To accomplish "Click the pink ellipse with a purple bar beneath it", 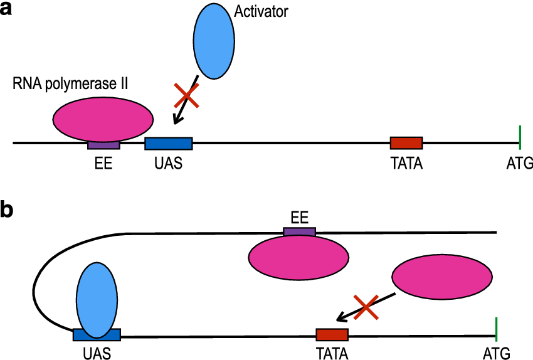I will pos(103,119).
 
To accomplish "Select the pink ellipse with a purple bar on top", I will pos(298,257).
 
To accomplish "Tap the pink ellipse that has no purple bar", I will pos(442,277).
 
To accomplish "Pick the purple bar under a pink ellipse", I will pos(103,145).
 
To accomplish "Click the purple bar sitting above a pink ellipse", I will pos(299,231).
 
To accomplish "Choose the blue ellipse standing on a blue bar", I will pos(97,300).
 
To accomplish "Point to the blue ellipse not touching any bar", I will pos(214,41).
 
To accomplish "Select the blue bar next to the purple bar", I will pos(168,144).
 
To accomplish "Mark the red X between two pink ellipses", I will pos(366,307).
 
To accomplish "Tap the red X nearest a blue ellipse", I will pos(186,95).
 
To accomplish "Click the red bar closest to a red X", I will pos(332,335).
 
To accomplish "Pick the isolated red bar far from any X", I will pos(406,143).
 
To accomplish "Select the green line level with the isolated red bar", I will pos(520,137).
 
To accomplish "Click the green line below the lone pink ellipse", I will pos(497,329).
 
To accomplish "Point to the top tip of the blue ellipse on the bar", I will pos(97,264).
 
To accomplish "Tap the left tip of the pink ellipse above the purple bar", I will pos(55,119).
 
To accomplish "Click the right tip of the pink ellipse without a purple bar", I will pos(491,277).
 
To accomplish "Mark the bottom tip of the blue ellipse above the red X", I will pos(214,78).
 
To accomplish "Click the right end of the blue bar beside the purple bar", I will pos(191,144).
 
